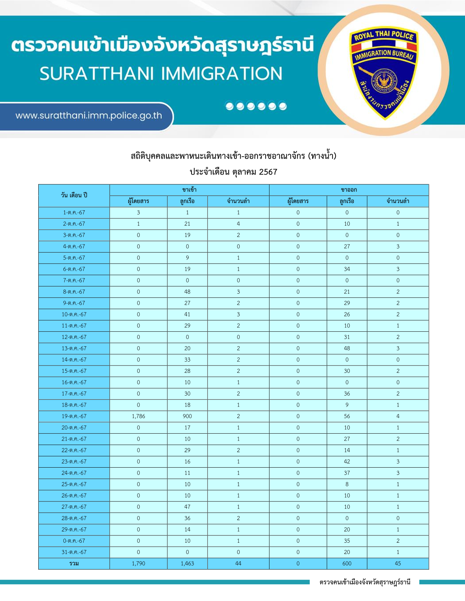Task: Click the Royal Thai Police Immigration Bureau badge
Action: pyautogui.click(x=383, y=73)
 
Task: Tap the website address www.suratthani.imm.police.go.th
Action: pyautogui.click(x=89, y=116)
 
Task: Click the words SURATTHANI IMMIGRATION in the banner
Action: pyautogui.click(x=161, y=74)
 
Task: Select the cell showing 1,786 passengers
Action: pyautogui.click(x=138, y=416)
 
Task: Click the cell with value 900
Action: pyautogui.click(x=187, y=416)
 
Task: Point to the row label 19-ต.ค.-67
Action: pyautogui.click(x=74, y=416)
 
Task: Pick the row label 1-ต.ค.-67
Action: pyautogui.click(x=74, y=212)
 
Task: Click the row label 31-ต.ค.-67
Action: pyautogui.click(x=74, y=552)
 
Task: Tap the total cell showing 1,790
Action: pyautogui.click(x=138, y=563)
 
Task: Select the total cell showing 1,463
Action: pyautogui.click(x=187, y=563)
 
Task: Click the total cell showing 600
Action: pyautogui.click(x=347, y=563)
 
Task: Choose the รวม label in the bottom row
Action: pyautogui.click(x=74, y=563)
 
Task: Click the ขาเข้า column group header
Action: pyautogui.click(x=189, y=190)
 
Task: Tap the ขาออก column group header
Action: pyautogui.click(x=349, y=190)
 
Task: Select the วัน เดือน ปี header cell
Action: pyautogui.click(x=74, y=195)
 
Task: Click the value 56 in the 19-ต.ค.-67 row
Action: pyautogui.click(x=347, y=416)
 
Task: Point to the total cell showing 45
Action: pyautogui.click(x=398, y=563)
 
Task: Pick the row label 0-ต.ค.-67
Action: pyautogui.click(x=74, y=541)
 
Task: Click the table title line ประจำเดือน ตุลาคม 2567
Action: pyautogui.click(x=233, y=172)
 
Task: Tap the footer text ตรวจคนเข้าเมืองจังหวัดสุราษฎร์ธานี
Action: pyautogui.click(x=365, y=582)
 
